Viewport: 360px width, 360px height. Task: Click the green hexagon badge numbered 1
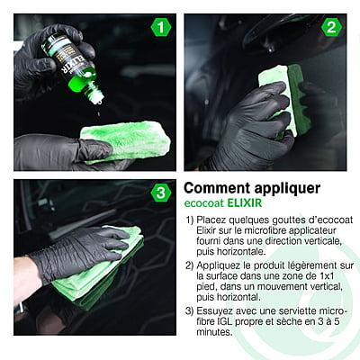(161, 28)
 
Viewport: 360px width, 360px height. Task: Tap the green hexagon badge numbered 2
(331, 28)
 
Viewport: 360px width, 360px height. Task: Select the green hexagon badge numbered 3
(161, 193)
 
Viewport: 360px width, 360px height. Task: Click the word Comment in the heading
(217, 188)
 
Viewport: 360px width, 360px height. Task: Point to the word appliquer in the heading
(287, 189)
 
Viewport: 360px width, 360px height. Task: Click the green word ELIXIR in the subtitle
(245, 203)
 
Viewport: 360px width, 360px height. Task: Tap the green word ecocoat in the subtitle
(204, 203)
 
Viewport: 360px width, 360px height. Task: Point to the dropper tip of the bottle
(98, 101)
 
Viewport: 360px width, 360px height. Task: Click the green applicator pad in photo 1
(126, 140)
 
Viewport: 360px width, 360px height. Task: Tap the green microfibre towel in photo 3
(99, 267)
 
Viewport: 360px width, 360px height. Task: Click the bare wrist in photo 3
(26, 279)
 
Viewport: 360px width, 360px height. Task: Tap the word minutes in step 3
(214, 332)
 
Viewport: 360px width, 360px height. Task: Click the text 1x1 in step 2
(325, 275)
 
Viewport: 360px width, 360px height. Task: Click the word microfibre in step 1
(265, 230)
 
